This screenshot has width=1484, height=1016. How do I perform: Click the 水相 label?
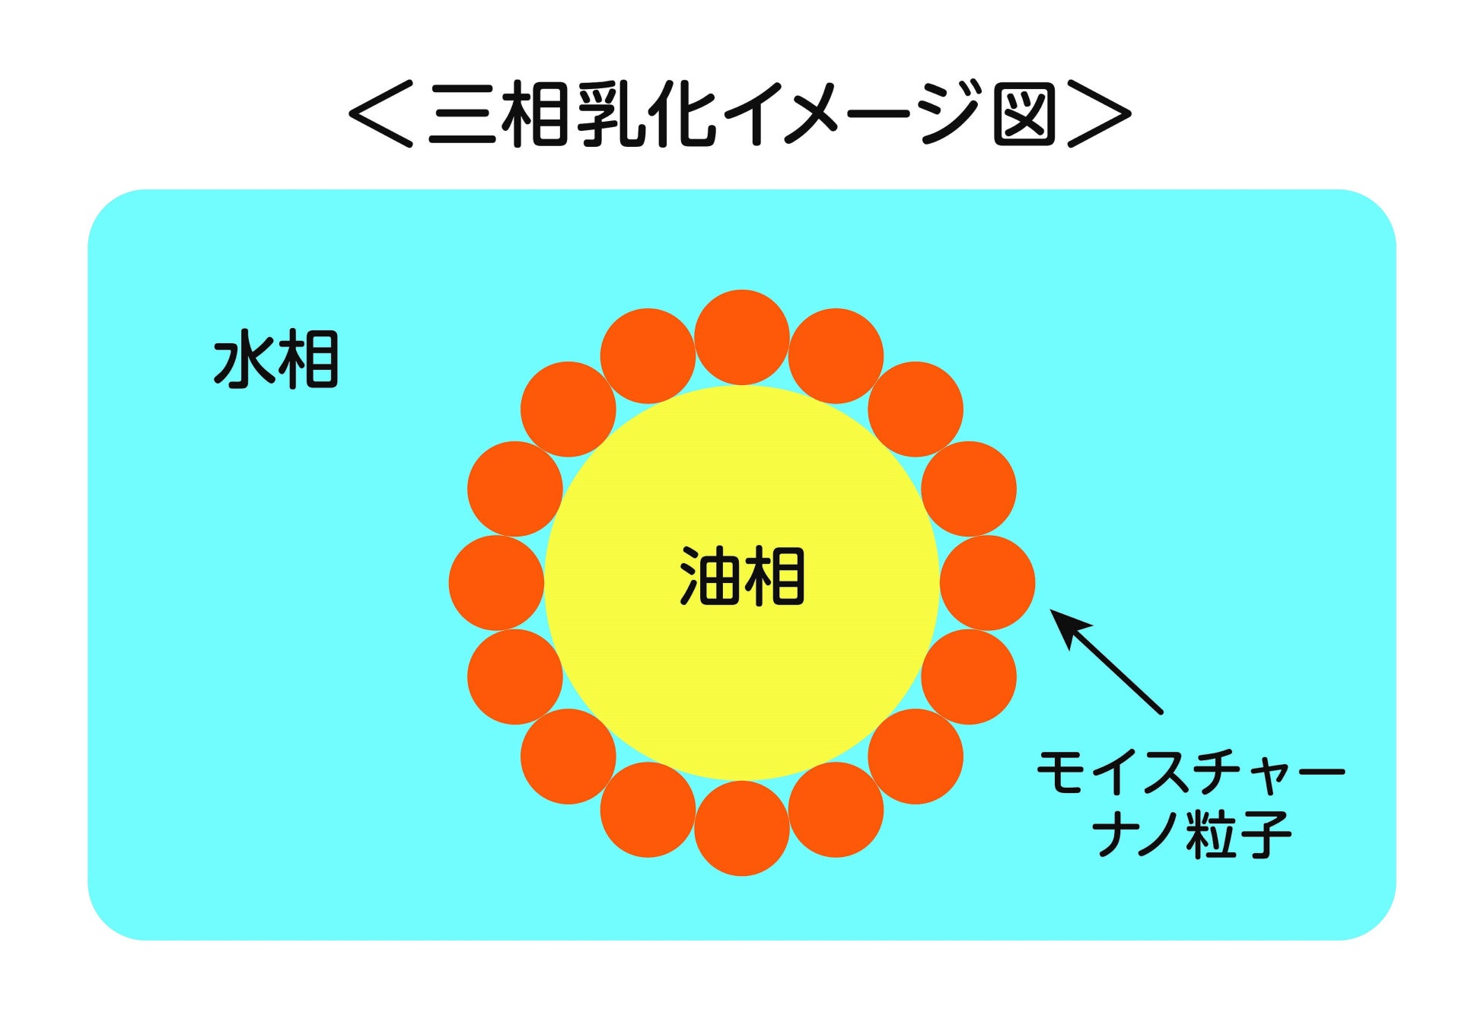(275, 360)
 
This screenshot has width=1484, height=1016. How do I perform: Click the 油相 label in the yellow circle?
(741, 577)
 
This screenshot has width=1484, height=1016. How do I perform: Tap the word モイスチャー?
(1191, 772)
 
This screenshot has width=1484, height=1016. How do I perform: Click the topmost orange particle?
(741, 337)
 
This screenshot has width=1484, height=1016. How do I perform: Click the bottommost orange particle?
(741, 828)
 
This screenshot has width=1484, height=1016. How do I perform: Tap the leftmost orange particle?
(496, 583)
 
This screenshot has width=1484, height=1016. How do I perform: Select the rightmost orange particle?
(987, 583)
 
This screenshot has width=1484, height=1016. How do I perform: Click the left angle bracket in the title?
(381, 113)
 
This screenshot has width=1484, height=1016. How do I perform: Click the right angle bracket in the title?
(1099, 113)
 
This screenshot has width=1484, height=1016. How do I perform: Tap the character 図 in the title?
(1024, 113)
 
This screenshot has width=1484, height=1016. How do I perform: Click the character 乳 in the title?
(609, 113)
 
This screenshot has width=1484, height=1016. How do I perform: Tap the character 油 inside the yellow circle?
(709, 577)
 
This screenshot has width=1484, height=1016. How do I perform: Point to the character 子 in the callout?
(1259, 833)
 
